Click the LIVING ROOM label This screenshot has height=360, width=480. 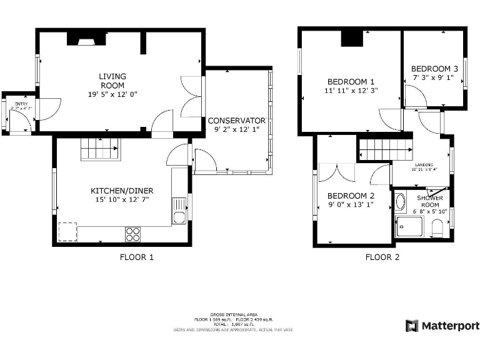pos(112,81)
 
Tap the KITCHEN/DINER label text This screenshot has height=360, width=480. pos(122,191)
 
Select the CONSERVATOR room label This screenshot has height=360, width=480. pos(236,121)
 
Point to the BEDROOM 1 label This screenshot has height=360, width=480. pos(351,81)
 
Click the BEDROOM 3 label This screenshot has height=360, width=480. pos(434,69)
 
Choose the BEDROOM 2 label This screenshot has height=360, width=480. pos(351,195)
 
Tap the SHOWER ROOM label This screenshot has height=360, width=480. pos(430,201)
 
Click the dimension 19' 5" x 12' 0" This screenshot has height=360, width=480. pos(112,94)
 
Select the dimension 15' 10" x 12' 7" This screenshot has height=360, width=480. pos(122,200)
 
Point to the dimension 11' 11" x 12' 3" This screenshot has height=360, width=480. pos(351,91)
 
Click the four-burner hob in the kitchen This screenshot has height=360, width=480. pos(132,234)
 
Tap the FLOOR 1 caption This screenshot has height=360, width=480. pos(136,257)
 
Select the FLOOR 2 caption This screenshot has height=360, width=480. pos(382,257)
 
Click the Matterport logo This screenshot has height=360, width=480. pos(442,326)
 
